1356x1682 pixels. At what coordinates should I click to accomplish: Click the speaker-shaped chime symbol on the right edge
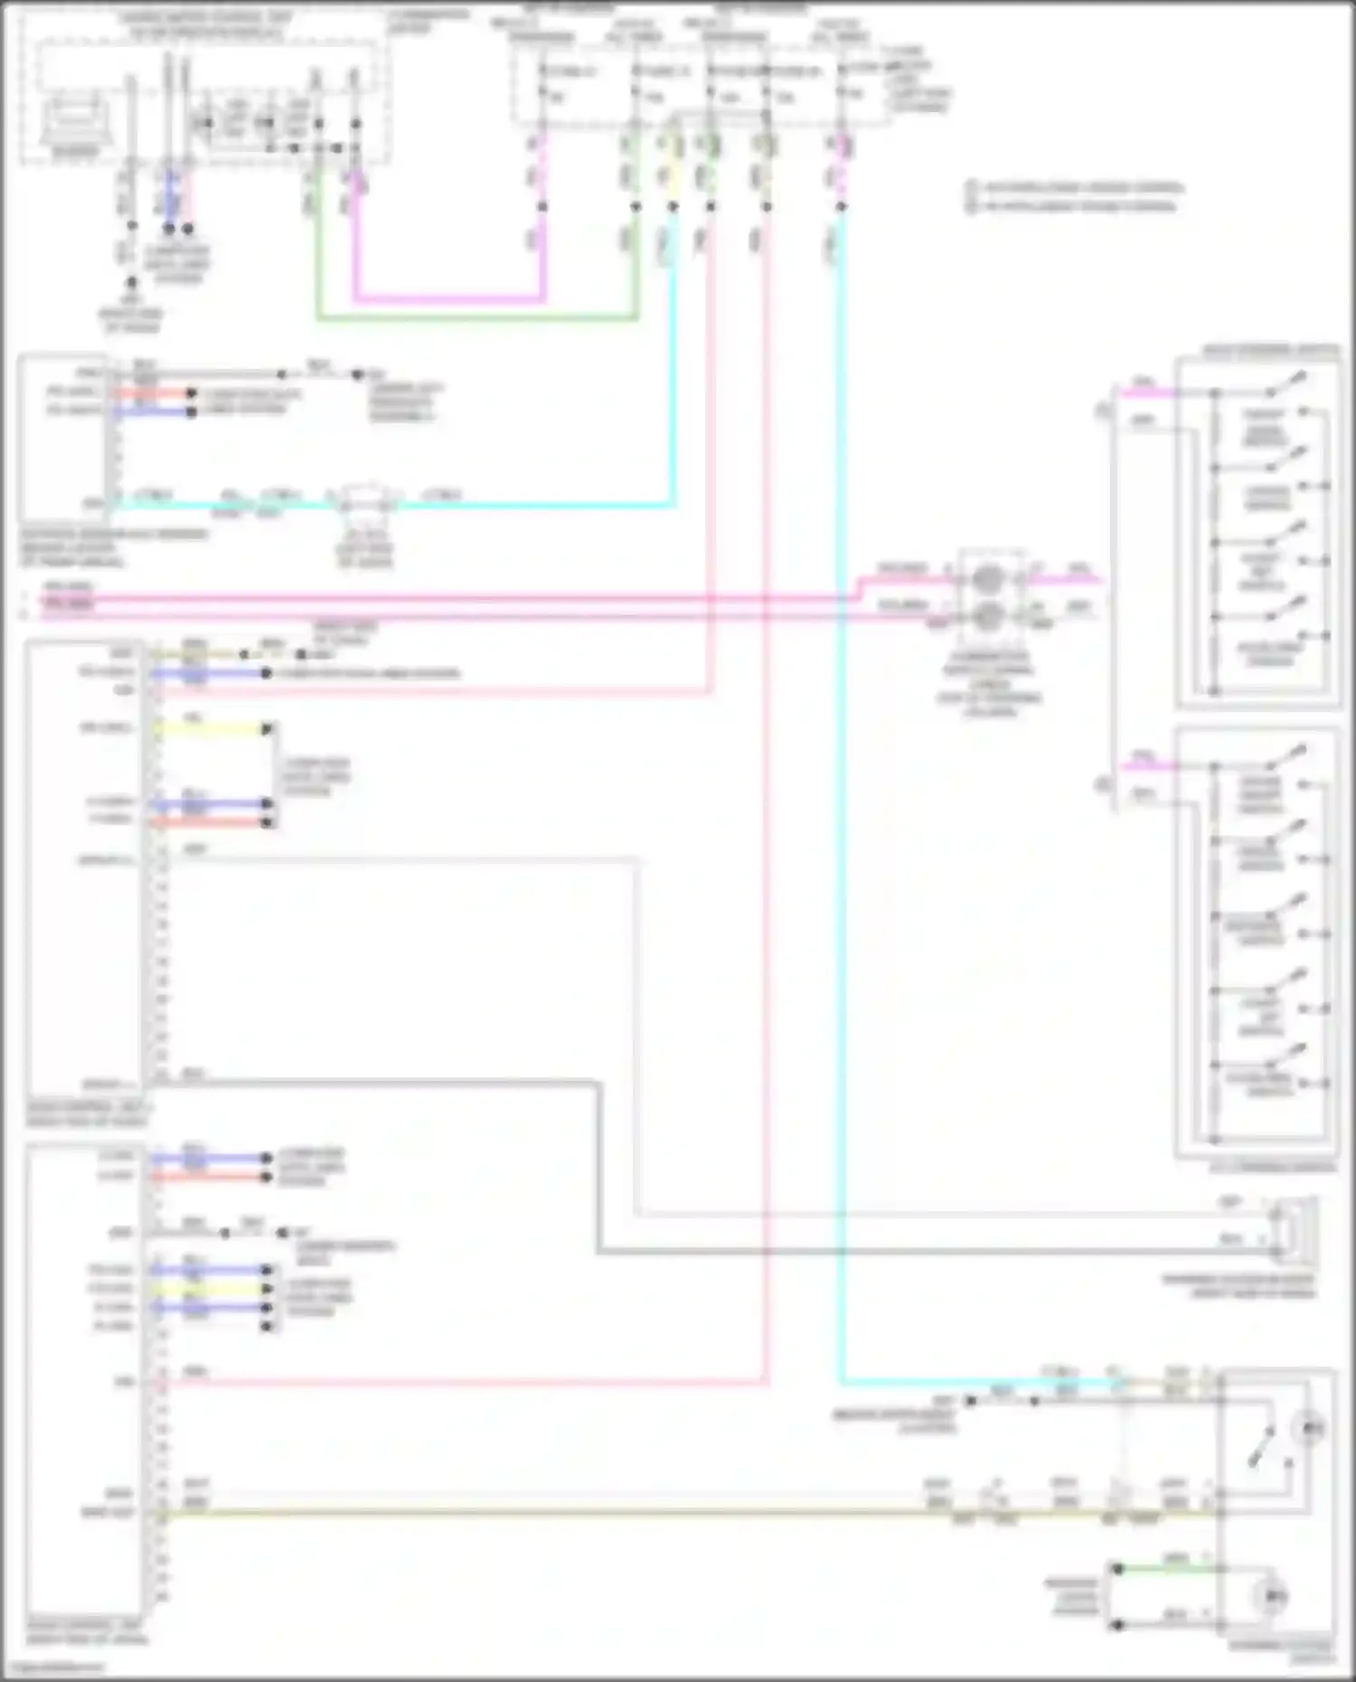point(1293,1229)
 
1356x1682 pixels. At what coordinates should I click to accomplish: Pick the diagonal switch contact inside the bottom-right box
point(1261,1446)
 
